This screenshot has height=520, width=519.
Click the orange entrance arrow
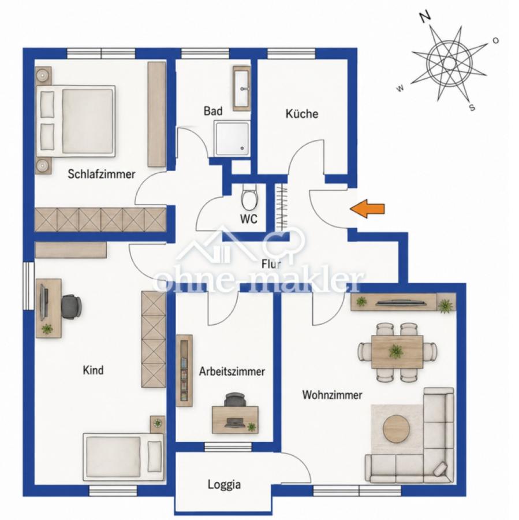[367, 209]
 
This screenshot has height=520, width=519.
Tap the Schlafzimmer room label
[102, 174]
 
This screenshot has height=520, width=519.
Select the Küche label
[302, 114]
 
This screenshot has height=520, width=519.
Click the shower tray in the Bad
[232, 138]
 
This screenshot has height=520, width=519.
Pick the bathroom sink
[242, 88]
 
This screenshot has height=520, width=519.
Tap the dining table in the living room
[397, 351]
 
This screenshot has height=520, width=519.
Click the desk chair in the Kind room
[71, 307]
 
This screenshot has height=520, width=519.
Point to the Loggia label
[224, 485]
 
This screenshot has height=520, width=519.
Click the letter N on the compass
[425, 16]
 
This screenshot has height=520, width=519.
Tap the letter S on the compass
[472, 107]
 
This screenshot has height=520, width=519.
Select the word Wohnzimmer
[332, 395]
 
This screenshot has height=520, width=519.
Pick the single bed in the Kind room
[124, 456]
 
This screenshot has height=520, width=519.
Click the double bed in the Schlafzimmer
[75, 121]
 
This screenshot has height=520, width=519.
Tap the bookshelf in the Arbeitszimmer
[184, 370]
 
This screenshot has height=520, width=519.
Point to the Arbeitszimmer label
[232, 371]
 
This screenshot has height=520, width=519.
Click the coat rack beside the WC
[282, 207]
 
